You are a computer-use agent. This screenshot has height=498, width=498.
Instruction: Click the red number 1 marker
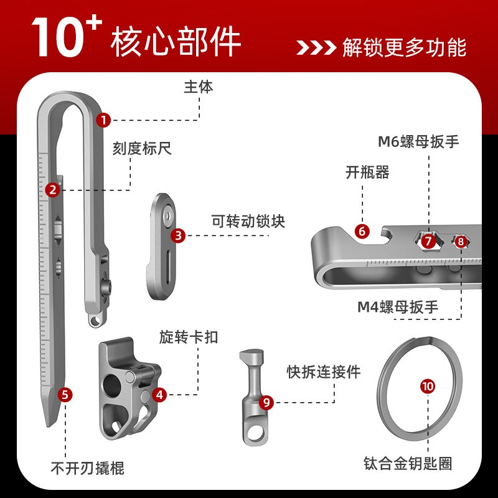click(103, 120)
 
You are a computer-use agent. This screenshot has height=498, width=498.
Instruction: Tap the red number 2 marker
click(53, 189)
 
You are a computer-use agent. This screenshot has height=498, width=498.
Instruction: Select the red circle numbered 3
click(179, 235)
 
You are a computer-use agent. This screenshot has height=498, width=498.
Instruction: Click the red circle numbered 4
click(160, 394)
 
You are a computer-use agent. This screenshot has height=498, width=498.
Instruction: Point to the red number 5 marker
click(65, 394)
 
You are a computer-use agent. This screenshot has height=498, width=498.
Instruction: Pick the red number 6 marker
click(362, 230)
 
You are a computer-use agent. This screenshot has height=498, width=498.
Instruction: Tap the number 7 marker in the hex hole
click(427, 240)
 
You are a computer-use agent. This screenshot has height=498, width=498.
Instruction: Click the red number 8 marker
click(460, 241)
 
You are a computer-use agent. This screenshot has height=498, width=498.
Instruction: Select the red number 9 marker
click(266, 402)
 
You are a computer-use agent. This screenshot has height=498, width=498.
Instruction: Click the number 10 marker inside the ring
click(428, 387)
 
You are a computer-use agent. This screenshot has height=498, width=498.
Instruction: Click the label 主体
click(199, 87)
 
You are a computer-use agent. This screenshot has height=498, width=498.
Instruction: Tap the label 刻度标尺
click(142, 149)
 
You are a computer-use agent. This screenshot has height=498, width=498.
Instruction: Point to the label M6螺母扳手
click(418, 141)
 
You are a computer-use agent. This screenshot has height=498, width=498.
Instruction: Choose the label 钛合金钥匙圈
click(408, 464)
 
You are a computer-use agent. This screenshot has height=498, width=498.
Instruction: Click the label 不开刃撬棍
click(87, 467)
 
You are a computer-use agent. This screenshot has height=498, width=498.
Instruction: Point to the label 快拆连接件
click(324, 372)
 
